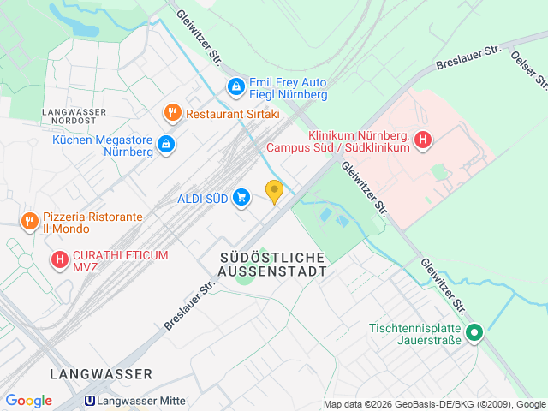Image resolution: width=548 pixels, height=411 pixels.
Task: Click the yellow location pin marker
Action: coord(274,191)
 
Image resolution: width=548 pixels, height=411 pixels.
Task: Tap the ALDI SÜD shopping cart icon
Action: coord(241,198)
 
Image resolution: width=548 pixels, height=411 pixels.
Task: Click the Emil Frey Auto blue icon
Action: coord(235,86)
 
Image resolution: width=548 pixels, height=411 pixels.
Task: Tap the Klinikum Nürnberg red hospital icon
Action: coord(422,140)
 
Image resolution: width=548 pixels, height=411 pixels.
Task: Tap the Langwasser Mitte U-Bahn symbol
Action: coord(88,401)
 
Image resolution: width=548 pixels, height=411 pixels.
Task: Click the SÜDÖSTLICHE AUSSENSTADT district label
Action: coord(273,265)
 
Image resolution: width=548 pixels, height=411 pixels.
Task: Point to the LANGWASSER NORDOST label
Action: coord(75,117)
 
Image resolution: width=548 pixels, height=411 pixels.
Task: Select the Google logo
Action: coord(28,401)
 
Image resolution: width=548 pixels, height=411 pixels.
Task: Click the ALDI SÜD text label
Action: coord(202,199)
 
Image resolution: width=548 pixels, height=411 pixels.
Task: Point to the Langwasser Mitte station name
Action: coord(140,401)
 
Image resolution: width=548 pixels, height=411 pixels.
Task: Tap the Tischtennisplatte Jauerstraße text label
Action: coord(415,334)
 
